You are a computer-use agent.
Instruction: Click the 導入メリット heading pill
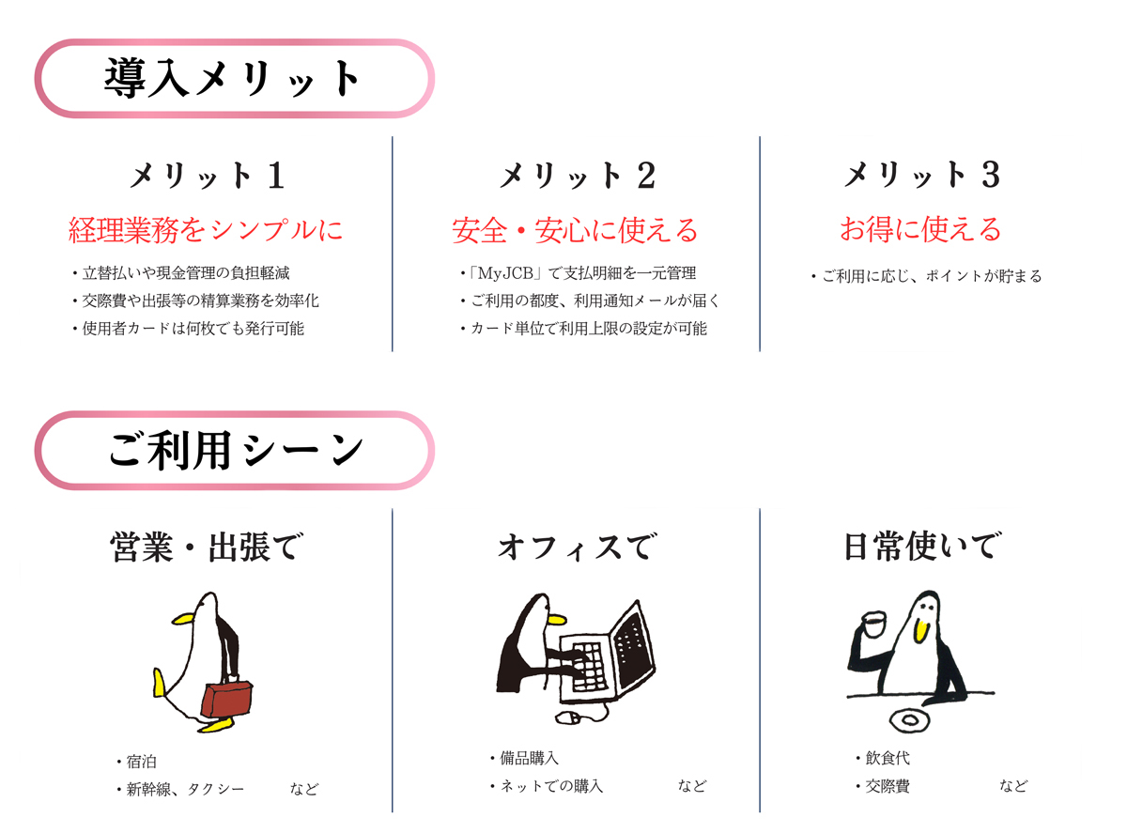(234, 78)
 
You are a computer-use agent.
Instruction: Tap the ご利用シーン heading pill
(234, 450)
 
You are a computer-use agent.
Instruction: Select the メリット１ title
(208, 176)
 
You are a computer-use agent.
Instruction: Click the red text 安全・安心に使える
(575, 230)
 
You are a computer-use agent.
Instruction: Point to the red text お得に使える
(920, 229)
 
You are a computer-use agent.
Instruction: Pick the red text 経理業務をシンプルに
(206, 230)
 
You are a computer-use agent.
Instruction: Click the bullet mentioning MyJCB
(579, 273)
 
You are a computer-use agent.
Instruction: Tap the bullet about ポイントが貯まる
(926, 276)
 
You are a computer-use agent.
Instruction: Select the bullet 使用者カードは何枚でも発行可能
(188, 329)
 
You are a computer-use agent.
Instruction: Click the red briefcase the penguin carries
(227, 699)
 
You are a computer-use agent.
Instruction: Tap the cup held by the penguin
(873, 625)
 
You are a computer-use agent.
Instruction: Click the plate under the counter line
(910, 719)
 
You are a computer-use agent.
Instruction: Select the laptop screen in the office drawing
(634, 644)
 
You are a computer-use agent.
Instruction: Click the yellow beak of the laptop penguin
(556, 619)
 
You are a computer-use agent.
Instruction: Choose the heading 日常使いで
(923, 547)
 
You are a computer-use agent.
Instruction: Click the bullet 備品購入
(524, 758)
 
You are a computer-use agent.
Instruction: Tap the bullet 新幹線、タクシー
(180, 789)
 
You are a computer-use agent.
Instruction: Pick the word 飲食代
(888, 758)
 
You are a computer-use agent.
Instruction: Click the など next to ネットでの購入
(692, 786)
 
